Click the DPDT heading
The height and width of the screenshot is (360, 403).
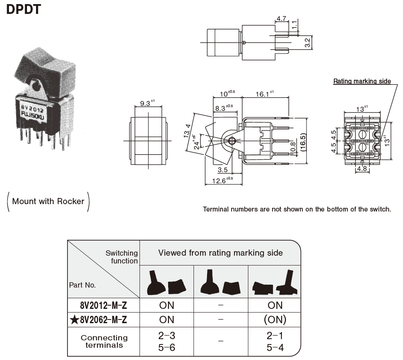(x=24, y=9)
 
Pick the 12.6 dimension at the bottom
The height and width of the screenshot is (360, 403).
(x=221, y=180)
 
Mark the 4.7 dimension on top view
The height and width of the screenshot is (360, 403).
(x=281, y=19)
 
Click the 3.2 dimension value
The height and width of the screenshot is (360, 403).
(x=308, y=43)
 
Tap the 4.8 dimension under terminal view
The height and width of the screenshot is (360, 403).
(x=362, y=169)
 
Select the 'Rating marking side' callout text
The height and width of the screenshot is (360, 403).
(x=362, y=81)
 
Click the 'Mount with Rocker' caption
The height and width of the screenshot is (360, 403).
(x=48, y=201)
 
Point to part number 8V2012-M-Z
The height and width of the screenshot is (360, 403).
(x=104, y=305)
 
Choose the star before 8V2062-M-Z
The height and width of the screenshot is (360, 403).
(x=74, y=319)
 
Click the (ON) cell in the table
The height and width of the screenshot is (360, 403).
(x=275, y=319)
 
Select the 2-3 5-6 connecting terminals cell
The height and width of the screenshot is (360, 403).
(x=167, y=342)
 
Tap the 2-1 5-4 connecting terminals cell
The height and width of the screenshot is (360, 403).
(x=275, y=342)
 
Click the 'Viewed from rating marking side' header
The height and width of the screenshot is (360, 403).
(x=220, y=253)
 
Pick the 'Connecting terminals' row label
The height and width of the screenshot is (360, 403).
(x=104, y=342)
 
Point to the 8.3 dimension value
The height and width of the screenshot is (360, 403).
(x=223, y=108)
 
